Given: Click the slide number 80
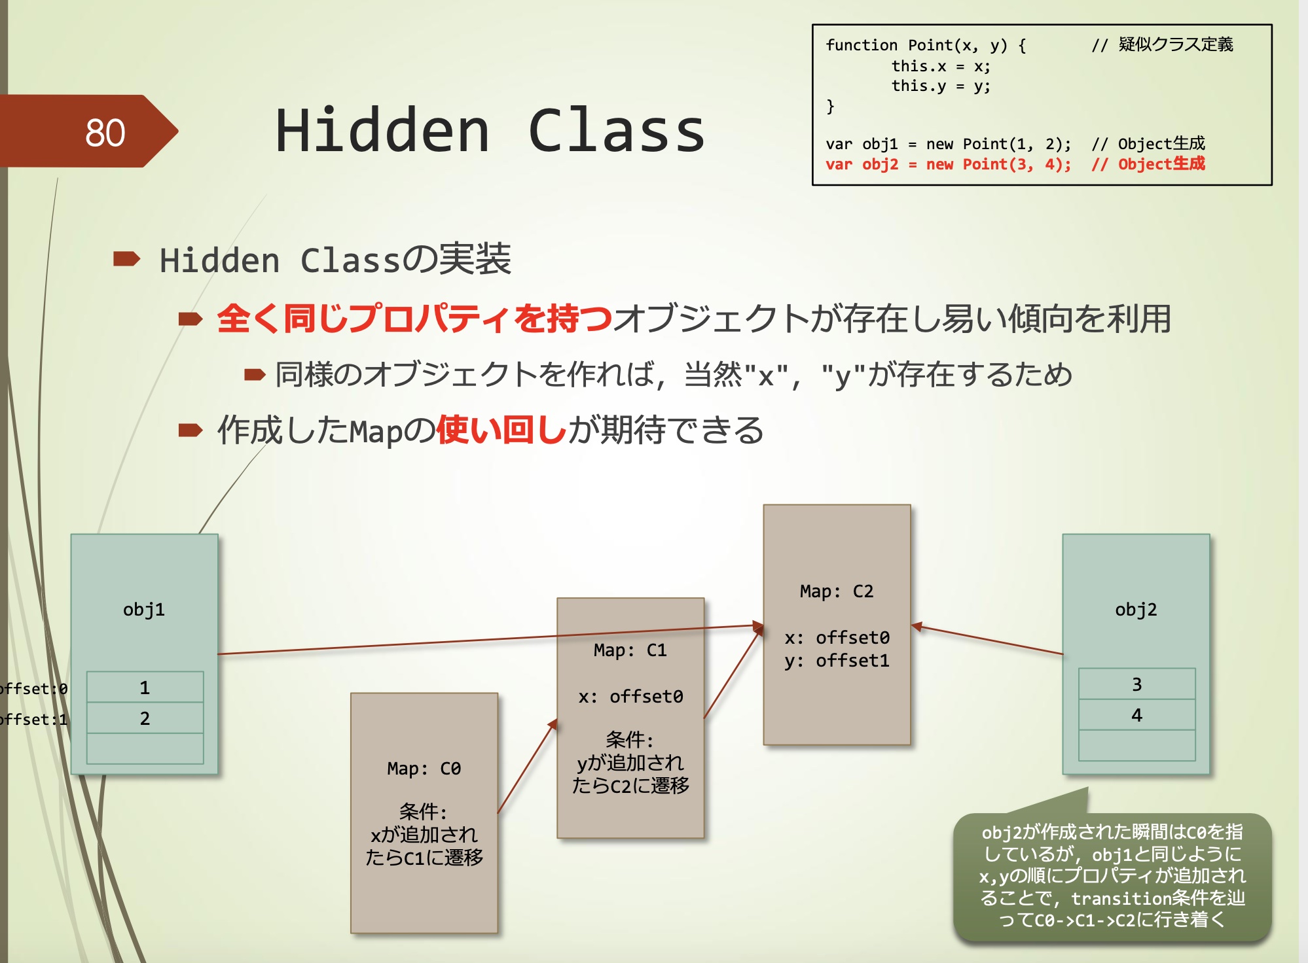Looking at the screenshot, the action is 105,133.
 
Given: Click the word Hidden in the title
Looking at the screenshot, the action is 382,131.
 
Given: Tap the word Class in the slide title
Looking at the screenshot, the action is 616,131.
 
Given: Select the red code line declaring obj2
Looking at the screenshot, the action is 1014,164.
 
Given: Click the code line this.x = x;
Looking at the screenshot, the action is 940,66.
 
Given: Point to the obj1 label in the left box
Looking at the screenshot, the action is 144,610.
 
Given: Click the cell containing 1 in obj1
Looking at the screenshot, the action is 145,688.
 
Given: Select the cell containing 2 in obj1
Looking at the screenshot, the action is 145,718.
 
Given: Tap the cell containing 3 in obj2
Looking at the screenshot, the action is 1136,684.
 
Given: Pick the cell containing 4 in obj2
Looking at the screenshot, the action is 1136,715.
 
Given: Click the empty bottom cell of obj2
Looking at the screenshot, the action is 1136,745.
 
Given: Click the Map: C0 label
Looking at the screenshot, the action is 424,769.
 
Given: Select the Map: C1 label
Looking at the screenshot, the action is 630,650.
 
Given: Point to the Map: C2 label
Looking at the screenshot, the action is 836,591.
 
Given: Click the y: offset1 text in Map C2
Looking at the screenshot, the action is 837,661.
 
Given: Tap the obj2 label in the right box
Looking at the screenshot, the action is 1136,610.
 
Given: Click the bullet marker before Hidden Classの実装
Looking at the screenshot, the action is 126,259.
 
